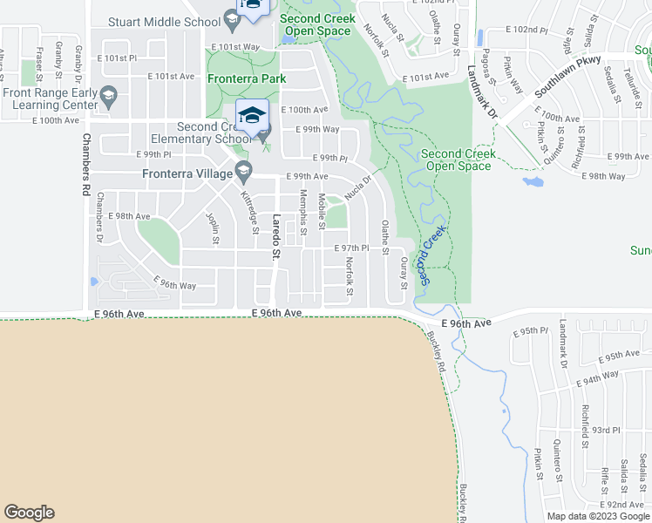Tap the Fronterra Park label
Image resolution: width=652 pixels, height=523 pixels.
(x=248, y=78)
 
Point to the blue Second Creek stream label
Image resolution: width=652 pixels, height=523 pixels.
(x=433, y=255)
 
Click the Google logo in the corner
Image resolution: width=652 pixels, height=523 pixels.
(x=29, y=513)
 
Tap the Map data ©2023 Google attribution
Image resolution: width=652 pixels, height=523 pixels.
(x=598, y=516)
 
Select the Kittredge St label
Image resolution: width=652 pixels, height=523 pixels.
(x=250, y=214)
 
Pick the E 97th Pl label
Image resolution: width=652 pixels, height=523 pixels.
(x=353, y=248)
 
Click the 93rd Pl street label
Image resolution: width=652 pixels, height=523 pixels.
(x=605, y=430)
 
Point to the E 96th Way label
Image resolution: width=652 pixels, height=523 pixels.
(x=174, y=284)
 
